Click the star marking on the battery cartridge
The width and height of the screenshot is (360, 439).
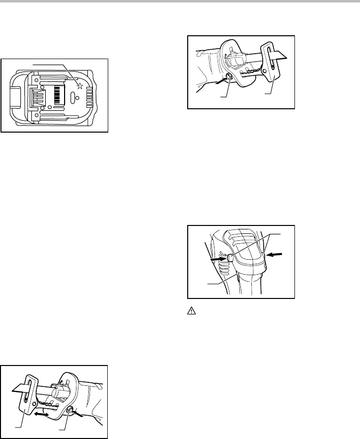[79, 85]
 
